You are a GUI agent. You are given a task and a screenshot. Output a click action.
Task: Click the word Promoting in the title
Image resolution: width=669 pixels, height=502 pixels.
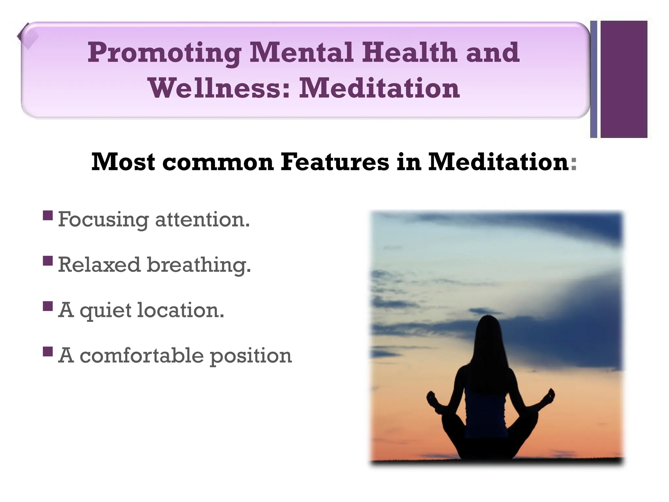(164, 53)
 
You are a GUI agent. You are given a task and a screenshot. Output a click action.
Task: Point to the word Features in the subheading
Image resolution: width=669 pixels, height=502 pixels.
(335, 162)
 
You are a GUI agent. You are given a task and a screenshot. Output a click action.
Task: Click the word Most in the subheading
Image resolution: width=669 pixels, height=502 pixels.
(123, 162)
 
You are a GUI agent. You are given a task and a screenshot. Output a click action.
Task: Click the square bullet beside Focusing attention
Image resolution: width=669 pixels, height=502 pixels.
(48, 216)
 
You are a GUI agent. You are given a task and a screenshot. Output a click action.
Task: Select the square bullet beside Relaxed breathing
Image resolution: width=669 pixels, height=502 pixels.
(48, 261)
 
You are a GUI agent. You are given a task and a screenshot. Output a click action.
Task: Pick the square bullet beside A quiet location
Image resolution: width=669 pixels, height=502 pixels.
(48, 306)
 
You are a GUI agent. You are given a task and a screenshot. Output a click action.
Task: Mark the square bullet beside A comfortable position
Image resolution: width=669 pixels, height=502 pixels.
(48, 352)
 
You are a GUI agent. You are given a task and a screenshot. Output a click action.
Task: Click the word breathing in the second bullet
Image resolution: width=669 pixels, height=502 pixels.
(199, 265)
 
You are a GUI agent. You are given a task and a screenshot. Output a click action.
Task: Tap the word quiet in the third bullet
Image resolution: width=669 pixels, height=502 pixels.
(105, 310)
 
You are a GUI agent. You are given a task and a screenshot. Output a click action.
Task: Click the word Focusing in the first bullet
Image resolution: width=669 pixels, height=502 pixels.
(103, 220)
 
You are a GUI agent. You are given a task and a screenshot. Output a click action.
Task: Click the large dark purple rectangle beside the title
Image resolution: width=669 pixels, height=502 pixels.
(624, 79)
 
